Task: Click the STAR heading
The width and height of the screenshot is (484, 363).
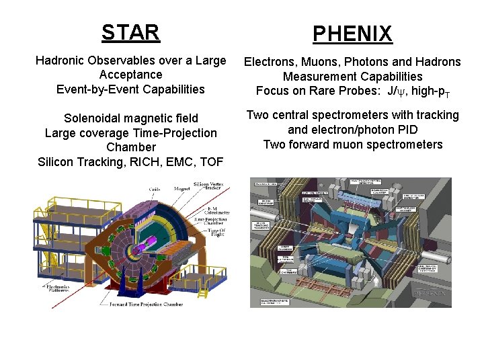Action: tap(130, 32)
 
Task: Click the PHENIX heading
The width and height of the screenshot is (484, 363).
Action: tap(352, 34)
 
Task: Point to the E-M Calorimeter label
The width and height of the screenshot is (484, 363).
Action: tap(217, 210)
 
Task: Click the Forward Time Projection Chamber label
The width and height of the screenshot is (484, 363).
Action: tap(146, 304)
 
